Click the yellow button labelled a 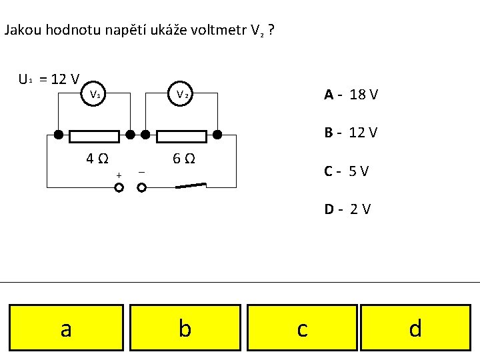66,327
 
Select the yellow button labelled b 185,327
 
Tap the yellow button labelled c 302,327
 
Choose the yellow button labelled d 415,327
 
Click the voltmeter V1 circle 96,94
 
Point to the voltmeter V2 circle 182,94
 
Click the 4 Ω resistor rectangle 95,137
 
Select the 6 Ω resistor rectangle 181,137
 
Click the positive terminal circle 119,188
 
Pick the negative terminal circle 141,188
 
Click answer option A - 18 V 351,95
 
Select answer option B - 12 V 351,133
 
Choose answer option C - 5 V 347,171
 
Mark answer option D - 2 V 347,209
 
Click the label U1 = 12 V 49,80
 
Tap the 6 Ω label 183,159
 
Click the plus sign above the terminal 119,175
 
